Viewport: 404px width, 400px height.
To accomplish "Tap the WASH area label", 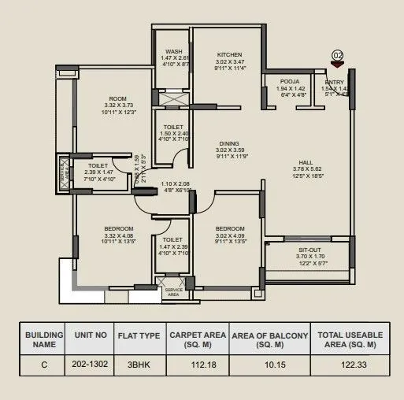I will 174,52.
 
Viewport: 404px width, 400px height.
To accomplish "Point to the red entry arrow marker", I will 337,65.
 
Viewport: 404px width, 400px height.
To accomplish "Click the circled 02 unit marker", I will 337,55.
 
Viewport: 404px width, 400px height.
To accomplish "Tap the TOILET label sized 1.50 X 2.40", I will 174,127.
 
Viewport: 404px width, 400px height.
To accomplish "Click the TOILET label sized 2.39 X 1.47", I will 98,166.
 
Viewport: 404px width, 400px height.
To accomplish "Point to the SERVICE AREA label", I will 175,292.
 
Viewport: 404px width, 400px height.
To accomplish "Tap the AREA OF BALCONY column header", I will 269,340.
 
